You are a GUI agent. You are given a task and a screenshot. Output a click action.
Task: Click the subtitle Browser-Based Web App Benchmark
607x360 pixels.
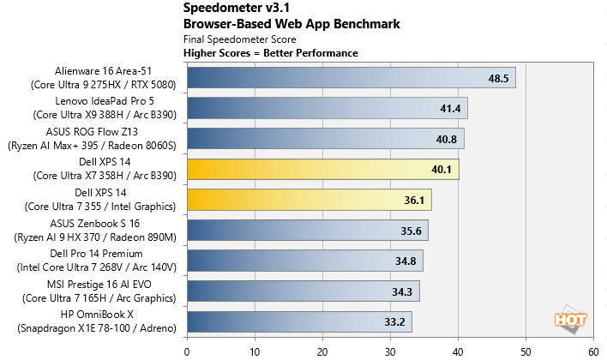tap(291, 24)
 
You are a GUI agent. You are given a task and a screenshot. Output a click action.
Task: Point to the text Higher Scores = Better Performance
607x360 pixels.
tap(271, 53)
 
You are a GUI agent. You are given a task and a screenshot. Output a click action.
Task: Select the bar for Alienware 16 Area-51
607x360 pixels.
tap(351, 78)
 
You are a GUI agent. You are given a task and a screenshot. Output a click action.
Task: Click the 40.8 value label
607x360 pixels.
tap(447, 139)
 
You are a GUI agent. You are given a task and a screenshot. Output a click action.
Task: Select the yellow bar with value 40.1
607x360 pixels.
tap(322, 169)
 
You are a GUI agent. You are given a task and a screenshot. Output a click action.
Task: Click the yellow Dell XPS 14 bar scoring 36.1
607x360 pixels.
tap(309, 200)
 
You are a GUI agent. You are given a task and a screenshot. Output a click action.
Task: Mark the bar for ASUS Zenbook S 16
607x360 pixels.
tap(307, 230)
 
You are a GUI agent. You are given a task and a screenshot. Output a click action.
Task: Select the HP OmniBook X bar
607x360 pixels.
tap(299, 321)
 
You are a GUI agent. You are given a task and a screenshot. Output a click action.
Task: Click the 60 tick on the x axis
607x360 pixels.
tap(592, 349)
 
